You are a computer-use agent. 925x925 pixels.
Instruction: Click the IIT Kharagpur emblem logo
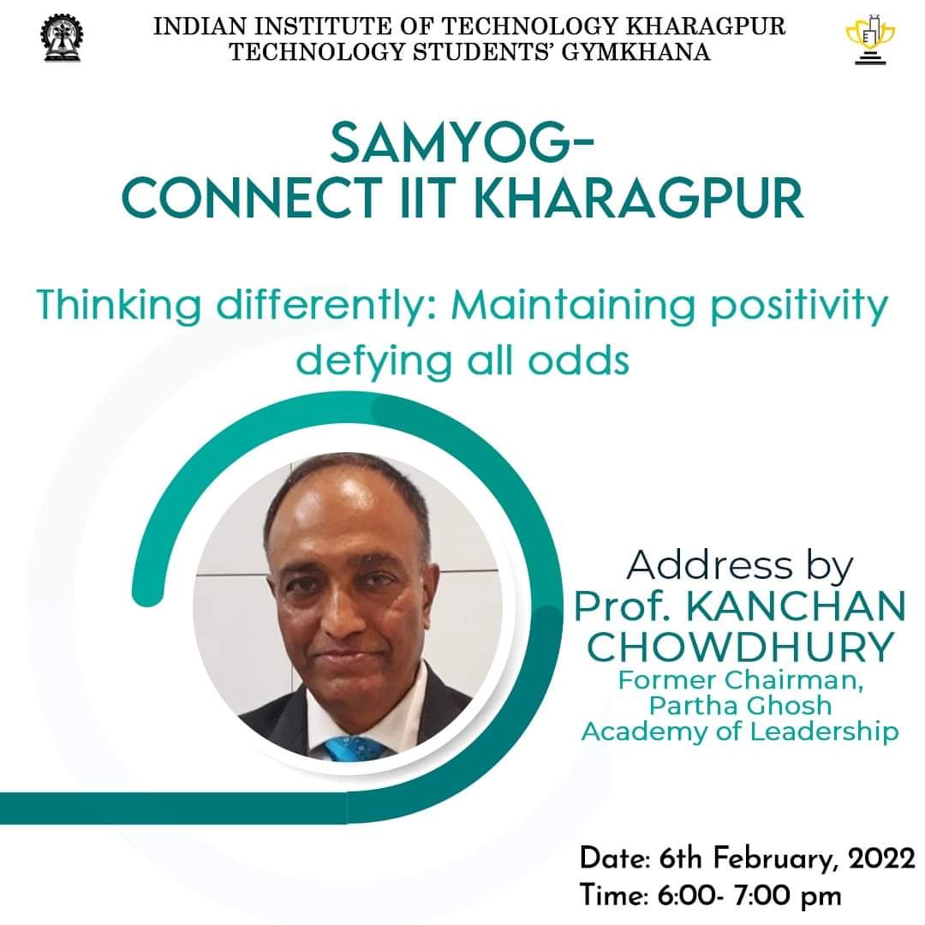tap(62, 39)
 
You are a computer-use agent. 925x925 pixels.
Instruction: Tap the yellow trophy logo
tap(870, 39)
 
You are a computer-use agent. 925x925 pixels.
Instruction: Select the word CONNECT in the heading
tap(250, 198)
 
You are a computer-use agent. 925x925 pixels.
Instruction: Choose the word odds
tap(578, 361)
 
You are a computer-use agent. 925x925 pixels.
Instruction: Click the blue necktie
tap(355, 749)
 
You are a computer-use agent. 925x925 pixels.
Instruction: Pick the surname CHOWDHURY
tap(740, 647)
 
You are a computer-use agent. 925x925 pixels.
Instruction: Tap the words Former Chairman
tap(740, 680)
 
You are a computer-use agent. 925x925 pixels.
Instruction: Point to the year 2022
tap(881, 858)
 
